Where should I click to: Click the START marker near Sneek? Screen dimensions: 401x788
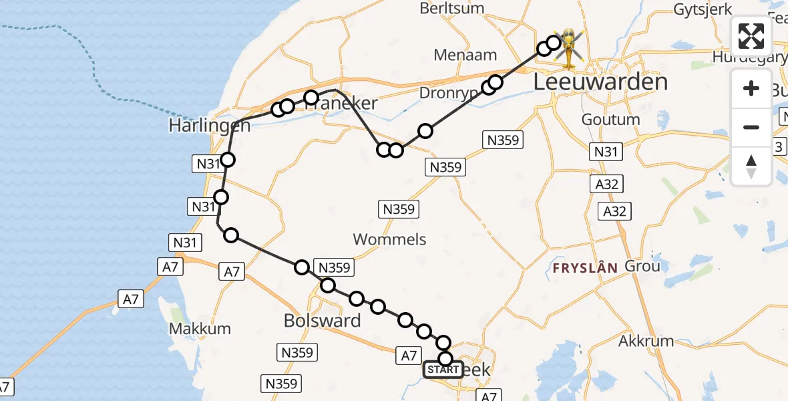click(x=443, y=370)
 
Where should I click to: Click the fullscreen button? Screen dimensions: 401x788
click(x=751, y=36)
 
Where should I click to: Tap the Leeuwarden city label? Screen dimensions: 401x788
click(x=601, y=82)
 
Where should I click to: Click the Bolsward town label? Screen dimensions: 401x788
click(x=322, y=320)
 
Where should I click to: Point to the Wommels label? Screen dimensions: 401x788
click(x=389, y=239)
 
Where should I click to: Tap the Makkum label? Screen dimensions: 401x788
click(x=200, y=329)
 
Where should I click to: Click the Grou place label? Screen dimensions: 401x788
click(x=642, y=266)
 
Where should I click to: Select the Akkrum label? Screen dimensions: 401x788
click(x=646, y=341)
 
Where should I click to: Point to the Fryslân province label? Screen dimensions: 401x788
click(x=585, y=268)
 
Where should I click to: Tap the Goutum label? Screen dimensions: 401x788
click(x=610, y=120)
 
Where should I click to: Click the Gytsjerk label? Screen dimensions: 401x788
click(x=703, y=9)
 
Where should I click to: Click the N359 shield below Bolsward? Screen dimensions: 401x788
click(x=299, y=352)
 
